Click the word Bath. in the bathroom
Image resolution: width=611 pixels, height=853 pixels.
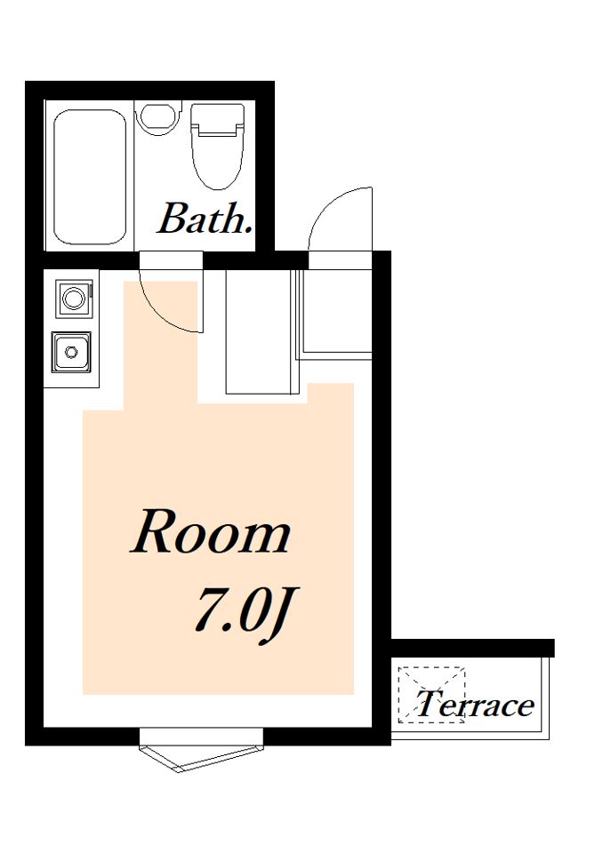point(205,219)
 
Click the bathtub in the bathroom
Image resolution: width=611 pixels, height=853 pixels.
point(91,178)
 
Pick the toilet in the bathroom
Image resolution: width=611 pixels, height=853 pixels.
point(217,147)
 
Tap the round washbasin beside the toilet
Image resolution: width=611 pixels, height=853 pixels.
point(158,117)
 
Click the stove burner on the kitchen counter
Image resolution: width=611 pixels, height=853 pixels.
point(74,299)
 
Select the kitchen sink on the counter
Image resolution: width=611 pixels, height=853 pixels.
point(71,352)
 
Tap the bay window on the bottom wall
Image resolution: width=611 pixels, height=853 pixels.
point(202,752)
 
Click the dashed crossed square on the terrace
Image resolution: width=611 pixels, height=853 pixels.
point(432,694)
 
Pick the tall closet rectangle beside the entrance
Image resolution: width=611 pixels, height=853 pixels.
point(259,331)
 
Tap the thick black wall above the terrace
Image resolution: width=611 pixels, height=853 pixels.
point(472,648)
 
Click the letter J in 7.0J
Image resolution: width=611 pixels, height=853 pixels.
point(274,618)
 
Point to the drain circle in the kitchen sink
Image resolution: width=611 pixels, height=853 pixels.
point(71,352)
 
